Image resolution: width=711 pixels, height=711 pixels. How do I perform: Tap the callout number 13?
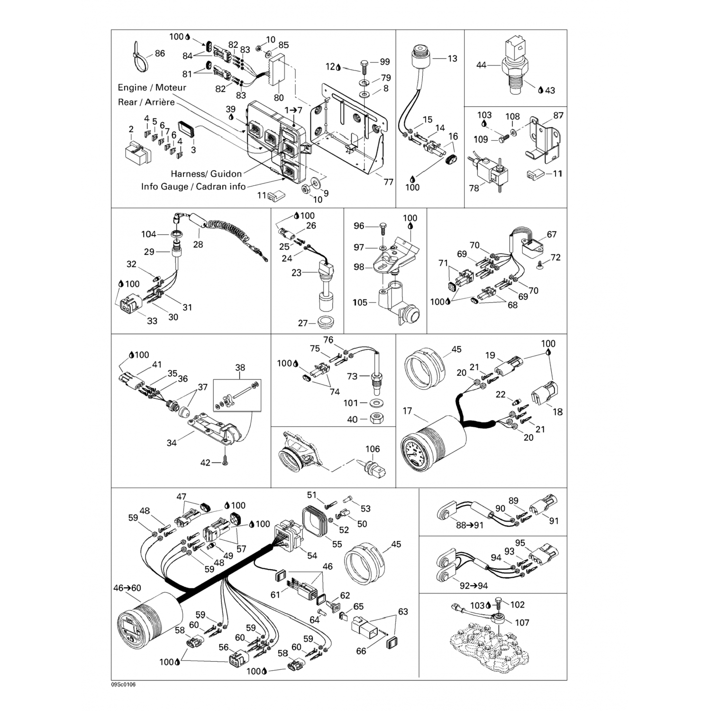click(452, 58)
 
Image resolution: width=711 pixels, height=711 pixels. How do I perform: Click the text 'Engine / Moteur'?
click(152, 88)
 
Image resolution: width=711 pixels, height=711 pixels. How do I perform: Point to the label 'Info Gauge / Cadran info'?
click(193, 187)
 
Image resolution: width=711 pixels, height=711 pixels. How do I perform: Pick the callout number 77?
click(388, 182)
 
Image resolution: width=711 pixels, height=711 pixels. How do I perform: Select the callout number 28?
click(198, 245)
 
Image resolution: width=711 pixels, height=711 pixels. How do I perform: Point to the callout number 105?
click(360, 302)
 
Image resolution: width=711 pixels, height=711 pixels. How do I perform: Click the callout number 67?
click(551, 235)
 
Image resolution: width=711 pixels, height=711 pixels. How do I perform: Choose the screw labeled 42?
click(225, 461)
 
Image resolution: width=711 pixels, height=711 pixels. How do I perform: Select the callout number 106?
click(372, 449)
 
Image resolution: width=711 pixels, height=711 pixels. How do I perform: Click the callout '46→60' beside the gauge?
click(127, 588)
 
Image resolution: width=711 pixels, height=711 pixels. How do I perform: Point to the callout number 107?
click(522, 622)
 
